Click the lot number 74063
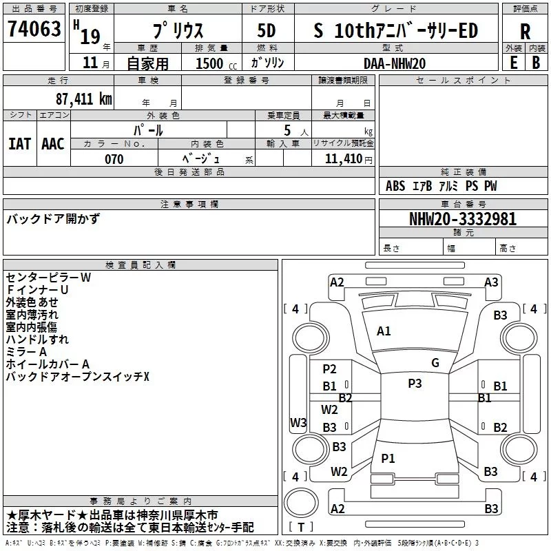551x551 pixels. [34, 30]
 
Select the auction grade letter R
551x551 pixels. [525, 31]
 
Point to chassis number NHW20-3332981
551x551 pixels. [462, 220]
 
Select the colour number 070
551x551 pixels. [114, 159]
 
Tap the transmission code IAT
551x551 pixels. [19, 143]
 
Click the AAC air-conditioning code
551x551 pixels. [52, 143]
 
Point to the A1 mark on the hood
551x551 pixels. [384, 331]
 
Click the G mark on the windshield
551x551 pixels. [435, 363]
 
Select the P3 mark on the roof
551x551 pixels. [415, 384]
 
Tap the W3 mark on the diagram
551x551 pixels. [298, 423]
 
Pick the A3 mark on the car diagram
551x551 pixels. [491, 282]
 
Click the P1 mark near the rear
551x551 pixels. [388, 458]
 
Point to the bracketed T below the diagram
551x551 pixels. [301, 527]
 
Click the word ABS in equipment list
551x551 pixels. [395, 186]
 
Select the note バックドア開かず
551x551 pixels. [53, 219]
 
